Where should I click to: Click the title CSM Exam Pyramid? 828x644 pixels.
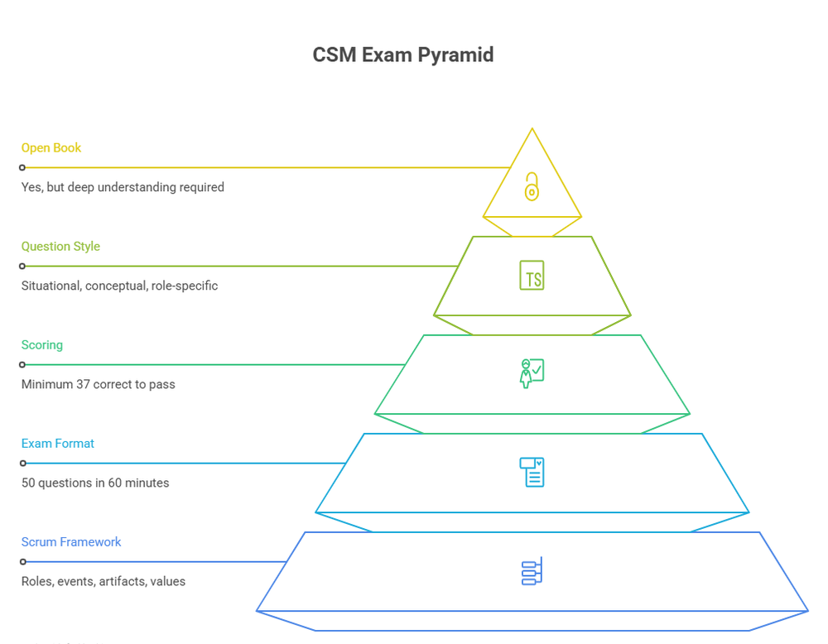click(402, 55)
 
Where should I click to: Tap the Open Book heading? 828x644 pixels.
click(51, 148)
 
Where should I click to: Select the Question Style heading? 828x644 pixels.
click(60, 247)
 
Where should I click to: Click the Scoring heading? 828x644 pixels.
click(42, 345)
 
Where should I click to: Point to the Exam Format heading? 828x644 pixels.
click(58, 444)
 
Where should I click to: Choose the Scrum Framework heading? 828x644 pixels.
click(71, 542)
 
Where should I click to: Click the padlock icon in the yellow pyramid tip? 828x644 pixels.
click(532, 186)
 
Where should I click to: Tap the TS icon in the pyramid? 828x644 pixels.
click(532, 276)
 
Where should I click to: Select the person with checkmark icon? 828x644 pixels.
click(532, 373)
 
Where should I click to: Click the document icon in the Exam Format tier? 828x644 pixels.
click(532, 472)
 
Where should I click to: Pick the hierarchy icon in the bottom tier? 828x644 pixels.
click(532, 571)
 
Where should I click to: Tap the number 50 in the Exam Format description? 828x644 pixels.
click(29, 483)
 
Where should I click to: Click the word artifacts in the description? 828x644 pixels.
click(122, 581)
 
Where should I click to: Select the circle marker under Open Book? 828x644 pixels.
click(23, 168)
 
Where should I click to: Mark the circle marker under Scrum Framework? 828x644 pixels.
click(23, 562)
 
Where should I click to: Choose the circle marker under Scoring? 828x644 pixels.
click(23, 365)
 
